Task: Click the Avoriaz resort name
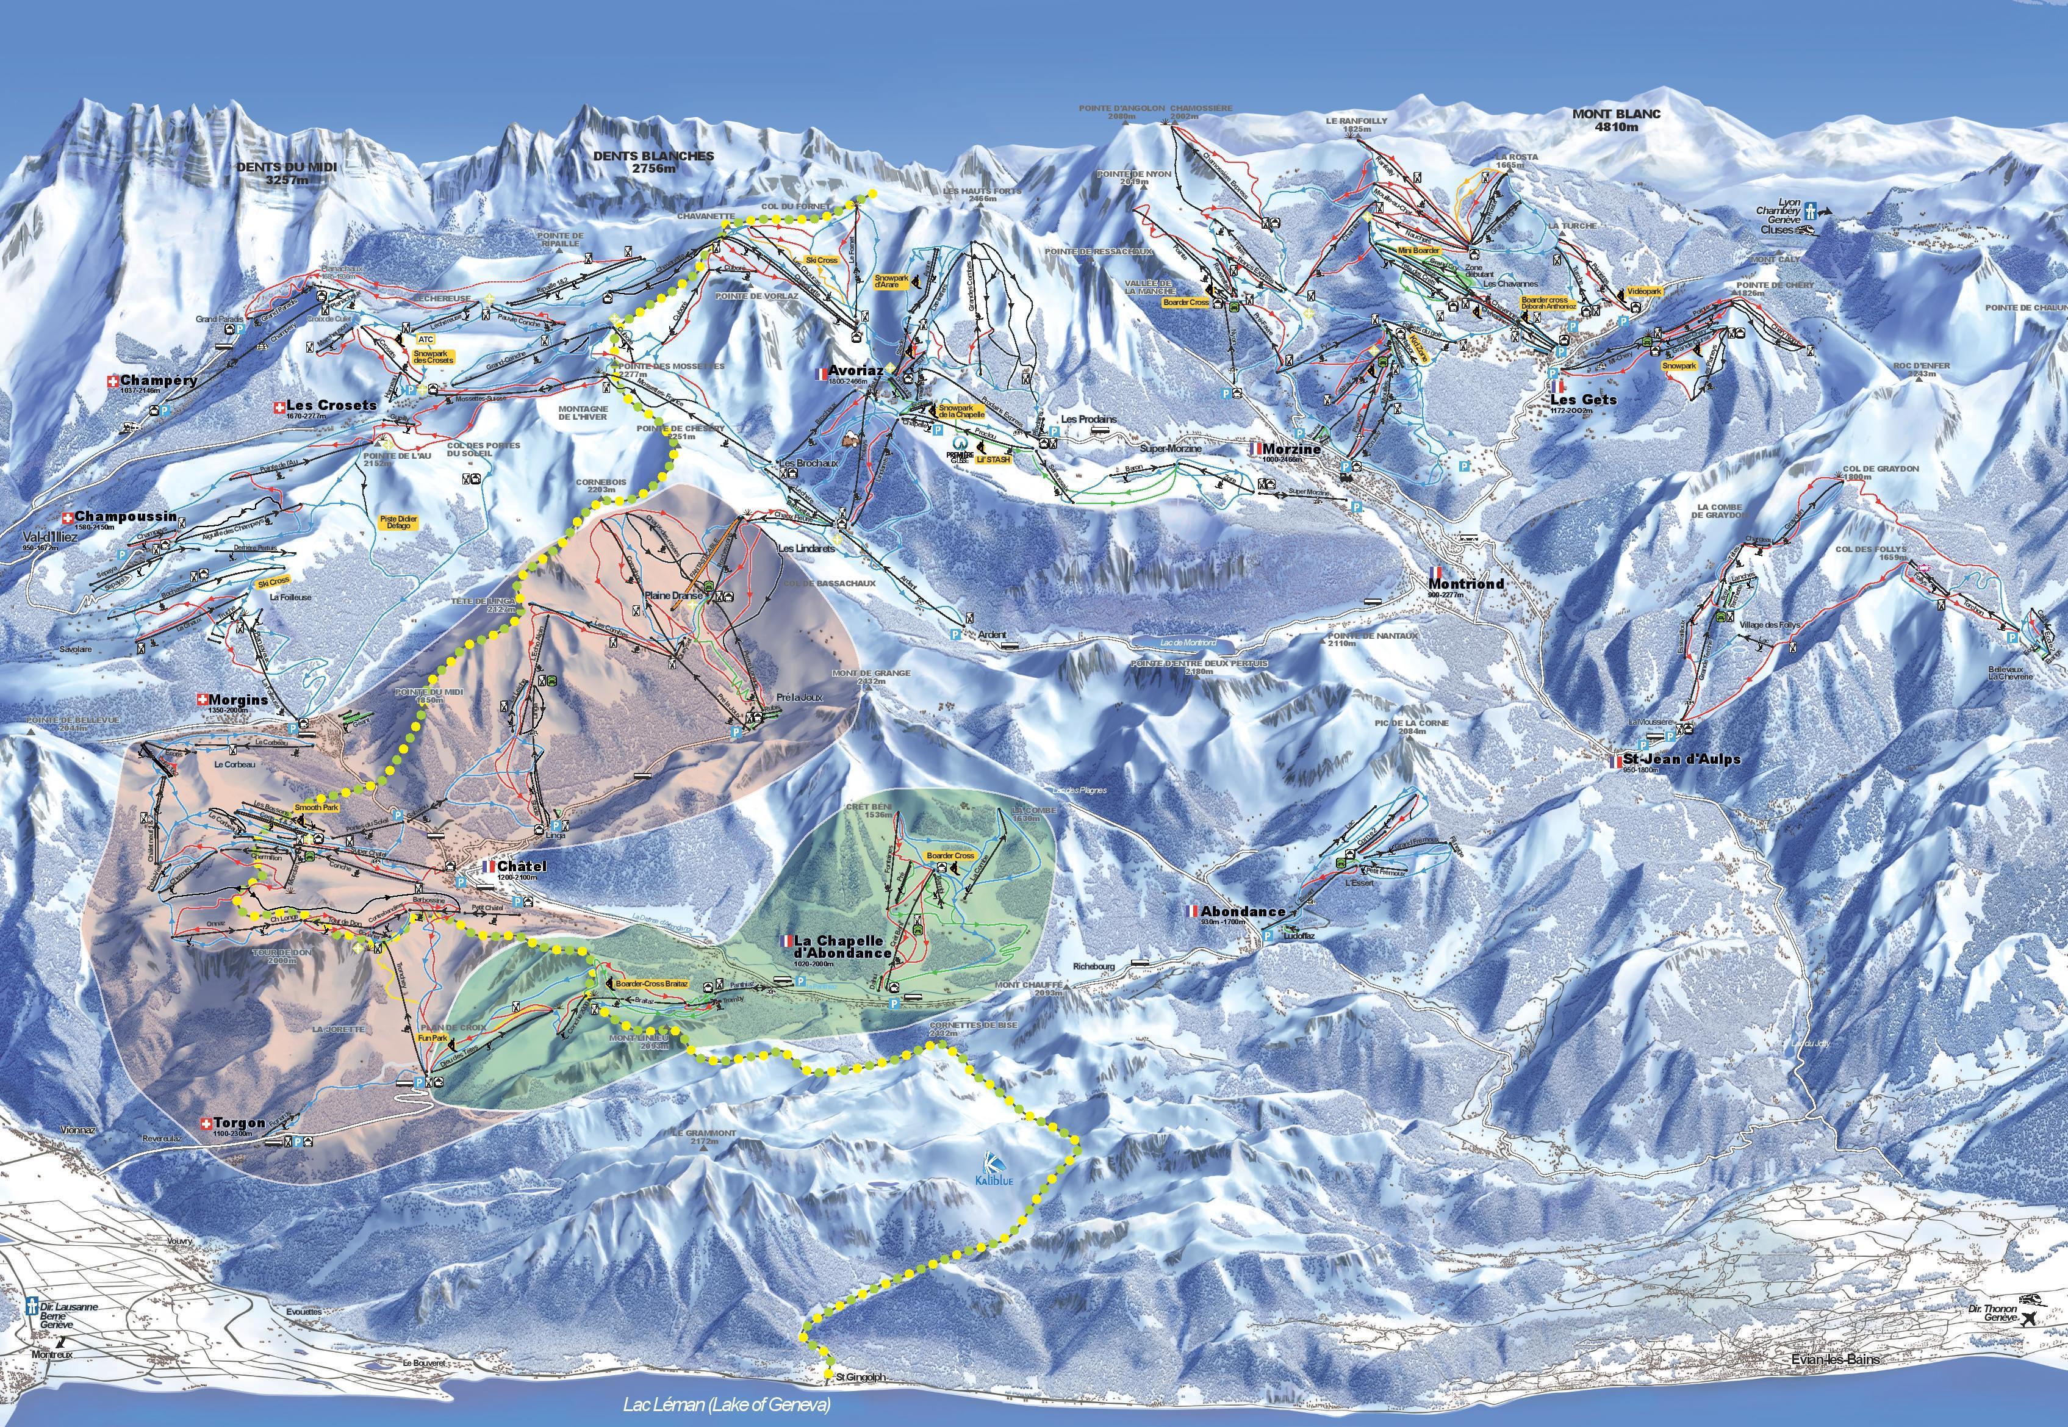point(856,370)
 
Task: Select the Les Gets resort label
point(1584,400)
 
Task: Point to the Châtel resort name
point(521,866)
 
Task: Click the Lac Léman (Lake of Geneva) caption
point(725,1404)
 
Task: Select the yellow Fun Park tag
point(433,1038)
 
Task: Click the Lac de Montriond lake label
point(1187,643)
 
